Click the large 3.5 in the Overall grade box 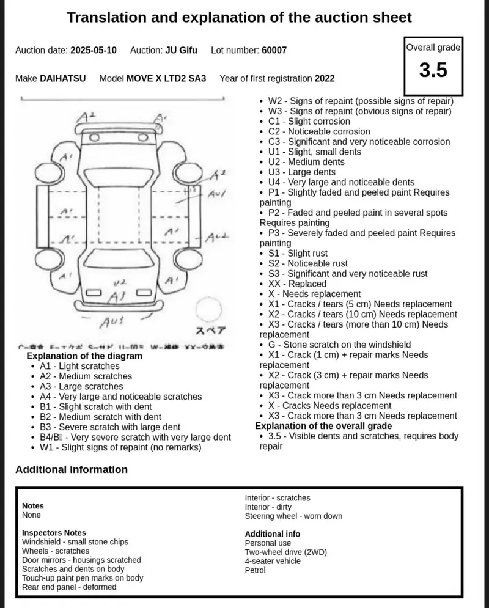coord(433,70)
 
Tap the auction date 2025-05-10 coord(94,50)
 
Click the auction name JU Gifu coord(181,50)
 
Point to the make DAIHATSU coord(63,78)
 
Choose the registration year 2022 coord(325,78)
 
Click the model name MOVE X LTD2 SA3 coord(166,78)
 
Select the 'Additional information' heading coord(72,469)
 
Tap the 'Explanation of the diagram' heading coord(84,356)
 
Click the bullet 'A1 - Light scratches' coord(79,366)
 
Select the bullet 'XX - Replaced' coord(297,284)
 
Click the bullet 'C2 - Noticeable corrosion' coord(319,131)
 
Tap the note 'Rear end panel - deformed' coord(69,587)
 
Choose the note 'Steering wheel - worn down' coord(293,516)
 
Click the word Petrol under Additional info coord(256,570)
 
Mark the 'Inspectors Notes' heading coord(54,533)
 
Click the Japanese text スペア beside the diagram coord(210,331)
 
